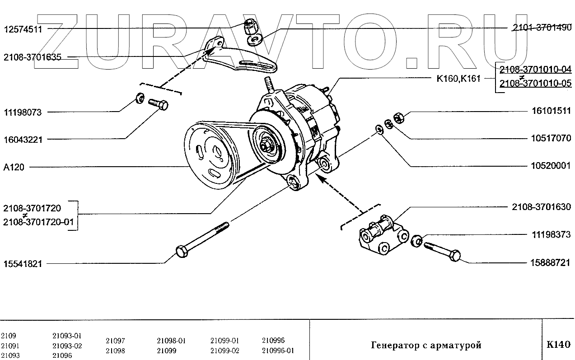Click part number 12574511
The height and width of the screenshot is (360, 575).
23,30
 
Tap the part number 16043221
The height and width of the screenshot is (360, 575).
23,140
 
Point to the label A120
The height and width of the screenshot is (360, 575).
14,167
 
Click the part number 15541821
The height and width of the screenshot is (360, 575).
23,264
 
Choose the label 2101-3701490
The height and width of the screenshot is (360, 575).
542,28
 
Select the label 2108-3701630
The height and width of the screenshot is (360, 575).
541,207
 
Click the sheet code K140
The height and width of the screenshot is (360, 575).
559,345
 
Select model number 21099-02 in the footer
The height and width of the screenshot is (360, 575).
225,351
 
